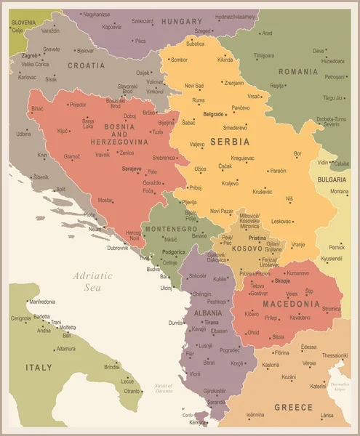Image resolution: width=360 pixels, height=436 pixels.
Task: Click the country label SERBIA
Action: (229, 141)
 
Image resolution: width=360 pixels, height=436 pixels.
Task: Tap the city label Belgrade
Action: (213, 114)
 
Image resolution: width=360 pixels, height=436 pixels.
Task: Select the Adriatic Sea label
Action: (92, 281)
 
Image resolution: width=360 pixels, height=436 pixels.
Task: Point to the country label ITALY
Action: (39, 368)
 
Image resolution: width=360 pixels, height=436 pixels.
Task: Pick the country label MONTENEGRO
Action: (171, 229)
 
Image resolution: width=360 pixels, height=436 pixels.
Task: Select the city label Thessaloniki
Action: (335, 355)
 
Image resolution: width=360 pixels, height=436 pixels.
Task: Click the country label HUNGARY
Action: (181, 22)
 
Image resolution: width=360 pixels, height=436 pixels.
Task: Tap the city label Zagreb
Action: (30, 55)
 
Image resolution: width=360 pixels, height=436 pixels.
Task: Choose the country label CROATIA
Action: (87, 65)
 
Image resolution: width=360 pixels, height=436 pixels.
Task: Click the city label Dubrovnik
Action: (117, 248)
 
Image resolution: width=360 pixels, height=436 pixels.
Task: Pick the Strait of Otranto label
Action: (164, 387)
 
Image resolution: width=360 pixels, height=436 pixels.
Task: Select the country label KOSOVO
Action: (248, 249)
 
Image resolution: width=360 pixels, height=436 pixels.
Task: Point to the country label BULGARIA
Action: (332, 178)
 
